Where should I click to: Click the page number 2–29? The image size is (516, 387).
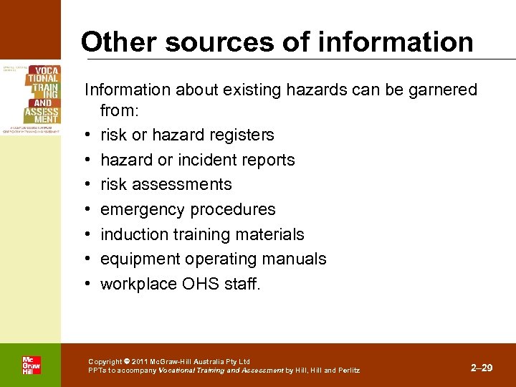(x=482, y=368)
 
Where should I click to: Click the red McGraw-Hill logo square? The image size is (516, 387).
(x=31, y=365)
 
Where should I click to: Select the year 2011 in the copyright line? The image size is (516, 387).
(x=140, y=361)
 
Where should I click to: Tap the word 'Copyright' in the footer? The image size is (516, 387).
(x=105, y=361)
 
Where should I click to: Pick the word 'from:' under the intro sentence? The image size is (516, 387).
(x=120, y=110)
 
